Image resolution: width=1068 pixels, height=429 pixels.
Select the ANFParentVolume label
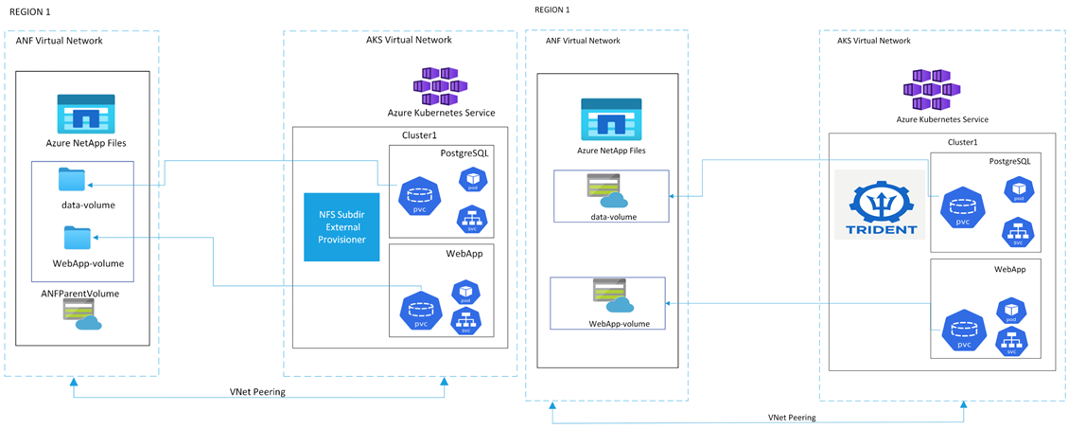coord(79,294)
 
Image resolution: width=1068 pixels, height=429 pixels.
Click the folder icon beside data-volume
coord(72,179)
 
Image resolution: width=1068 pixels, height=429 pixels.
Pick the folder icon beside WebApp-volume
coord(78,237)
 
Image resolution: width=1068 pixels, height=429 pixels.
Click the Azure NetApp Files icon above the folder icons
coord(86,112)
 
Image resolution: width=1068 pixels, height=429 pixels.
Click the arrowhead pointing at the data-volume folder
coord(95,188)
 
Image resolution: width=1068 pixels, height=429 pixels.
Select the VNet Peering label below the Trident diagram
coord(792,417)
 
